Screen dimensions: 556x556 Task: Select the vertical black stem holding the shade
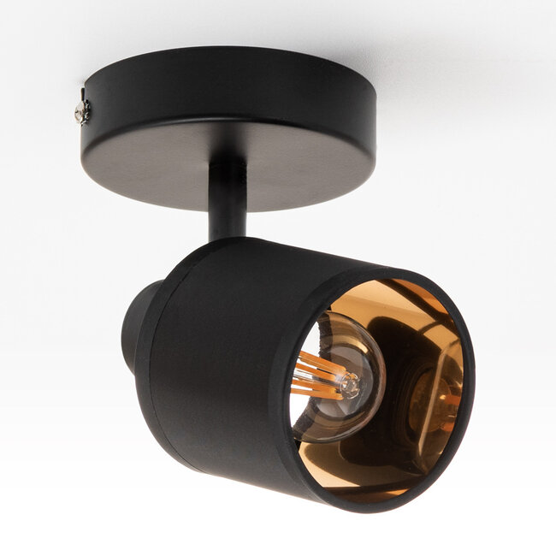(227, 205)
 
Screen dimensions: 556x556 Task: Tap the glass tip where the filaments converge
(350, 387)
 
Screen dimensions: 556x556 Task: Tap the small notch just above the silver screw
(84, 93)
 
